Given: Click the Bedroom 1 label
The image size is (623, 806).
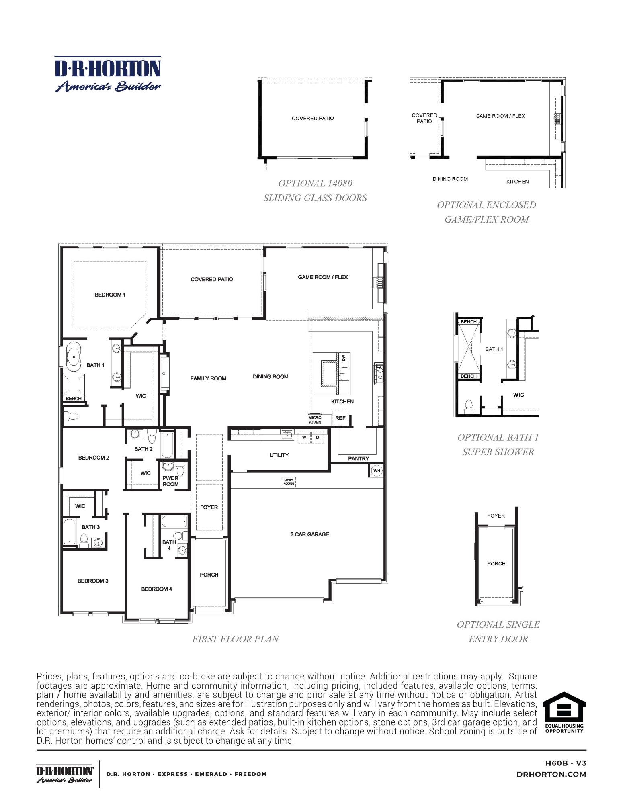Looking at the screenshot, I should tap(110, 295).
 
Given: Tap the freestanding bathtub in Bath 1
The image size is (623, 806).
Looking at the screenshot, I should tap(74, 356).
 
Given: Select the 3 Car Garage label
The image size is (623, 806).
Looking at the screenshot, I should tap(309, 534).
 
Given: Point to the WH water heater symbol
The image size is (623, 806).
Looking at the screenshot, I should tap(377, 471).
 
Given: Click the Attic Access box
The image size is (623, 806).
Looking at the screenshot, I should tap(289, 482).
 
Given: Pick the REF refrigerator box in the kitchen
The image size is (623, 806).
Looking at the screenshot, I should tap(340, 418).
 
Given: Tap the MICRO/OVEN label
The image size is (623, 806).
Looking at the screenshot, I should tap(315, 420).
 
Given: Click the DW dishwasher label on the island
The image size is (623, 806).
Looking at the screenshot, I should tap(344, 358).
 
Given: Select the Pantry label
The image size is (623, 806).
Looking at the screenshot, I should tap(358, 458).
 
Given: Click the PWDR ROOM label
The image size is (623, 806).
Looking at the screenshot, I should tap(170, 481).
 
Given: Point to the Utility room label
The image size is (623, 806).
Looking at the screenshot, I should tap(279, 455).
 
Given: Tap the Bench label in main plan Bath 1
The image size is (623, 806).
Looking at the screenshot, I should tap(74, 399).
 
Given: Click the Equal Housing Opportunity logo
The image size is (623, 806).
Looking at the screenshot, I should tap(564, 712).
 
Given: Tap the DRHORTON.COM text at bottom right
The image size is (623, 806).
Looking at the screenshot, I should tap(551, 774).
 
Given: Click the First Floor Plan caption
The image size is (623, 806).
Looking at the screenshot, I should tap(235, 639).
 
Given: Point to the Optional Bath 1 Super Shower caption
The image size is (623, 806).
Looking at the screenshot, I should tap(498, 444).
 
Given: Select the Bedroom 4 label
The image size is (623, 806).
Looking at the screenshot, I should tap(156, 589).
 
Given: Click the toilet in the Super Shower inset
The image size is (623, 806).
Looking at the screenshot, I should tap(469, 407).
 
